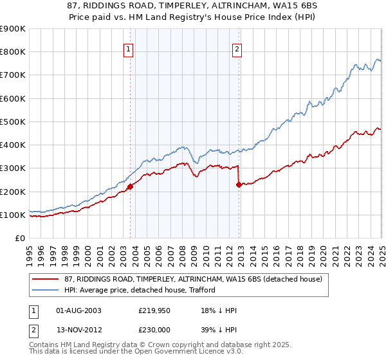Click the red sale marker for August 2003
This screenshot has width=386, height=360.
click(130, 187)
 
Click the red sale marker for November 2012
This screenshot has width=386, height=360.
click(239, 184)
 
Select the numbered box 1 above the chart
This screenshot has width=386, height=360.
click(129, 49)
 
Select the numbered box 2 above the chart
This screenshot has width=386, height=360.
click(237, 49)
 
